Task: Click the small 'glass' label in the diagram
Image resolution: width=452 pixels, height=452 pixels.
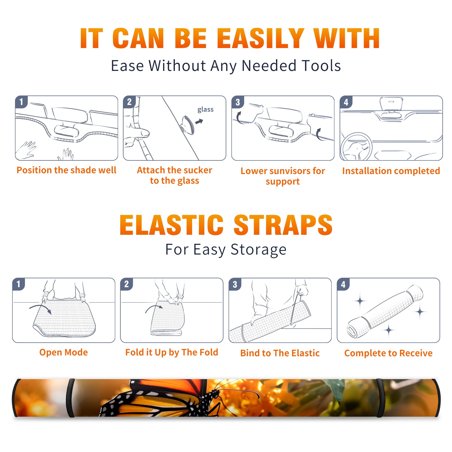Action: (205, 110)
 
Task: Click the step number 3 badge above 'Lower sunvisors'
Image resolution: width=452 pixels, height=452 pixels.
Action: (238, 102)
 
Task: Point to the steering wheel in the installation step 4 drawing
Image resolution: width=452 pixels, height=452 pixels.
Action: (356, 146)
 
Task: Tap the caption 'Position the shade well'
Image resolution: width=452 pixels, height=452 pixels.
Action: (66, 170)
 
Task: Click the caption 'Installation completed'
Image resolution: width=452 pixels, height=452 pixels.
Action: (391, 171)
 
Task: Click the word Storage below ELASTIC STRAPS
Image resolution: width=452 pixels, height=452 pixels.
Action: (258, 249)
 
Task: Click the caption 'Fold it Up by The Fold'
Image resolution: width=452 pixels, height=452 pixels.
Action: (172, 352)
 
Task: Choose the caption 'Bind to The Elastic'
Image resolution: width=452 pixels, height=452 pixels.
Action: (280, 353)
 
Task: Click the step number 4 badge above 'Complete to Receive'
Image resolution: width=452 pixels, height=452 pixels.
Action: (343, 284)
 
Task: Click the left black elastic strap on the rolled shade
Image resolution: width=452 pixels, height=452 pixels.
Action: (71, 398)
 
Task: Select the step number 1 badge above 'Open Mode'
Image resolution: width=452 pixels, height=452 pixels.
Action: (19, 284)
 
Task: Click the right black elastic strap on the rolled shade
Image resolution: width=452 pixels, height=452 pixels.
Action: (380, 398)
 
